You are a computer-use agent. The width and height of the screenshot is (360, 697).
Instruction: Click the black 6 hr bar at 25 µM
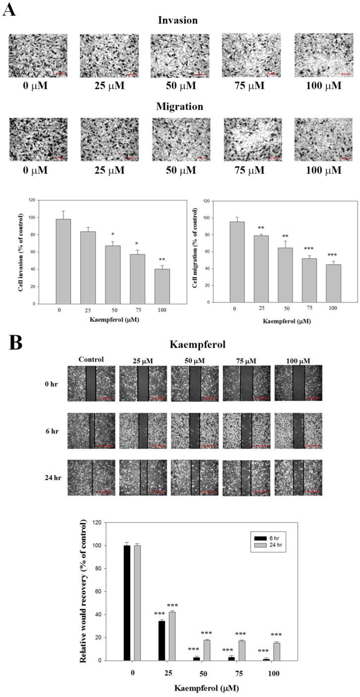tap(162, 641)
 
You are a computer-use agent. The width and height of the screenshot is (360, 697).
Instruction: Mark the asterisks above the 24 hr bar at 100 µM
tap(276, 635)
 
